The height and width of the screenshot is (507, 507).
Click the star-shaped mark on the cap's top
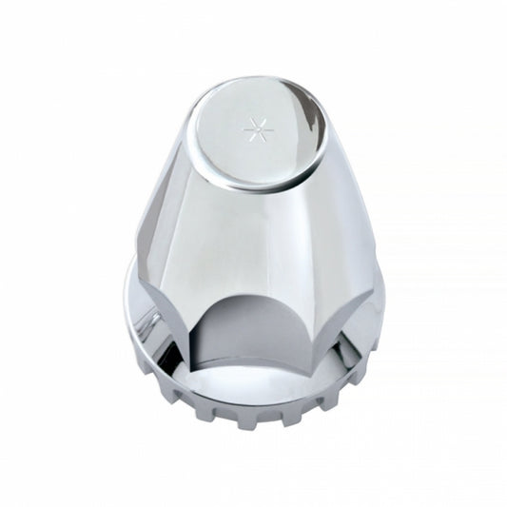254,125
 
